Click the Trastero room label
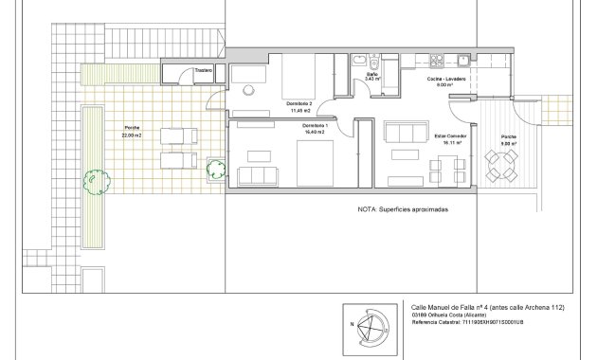point(202,70)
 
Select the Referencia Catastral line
point(468,322)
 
